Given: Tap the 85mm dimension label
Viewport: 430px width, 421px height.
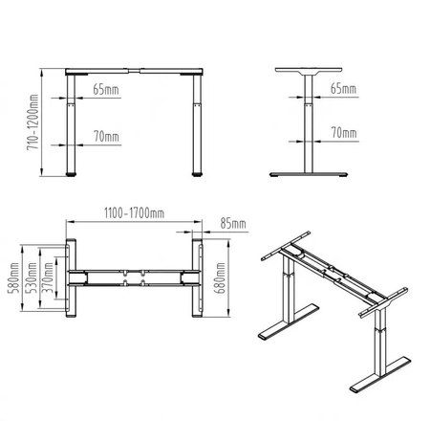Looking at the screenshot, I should pyautogui.click(x=233, y=224).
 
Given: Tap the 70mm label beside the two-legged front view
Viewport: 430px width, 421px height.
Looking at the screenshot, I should pyautogui.click(x=106, y=137).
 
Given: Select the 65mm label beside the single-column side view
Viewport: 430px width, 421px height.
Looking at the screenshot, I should pyautogui.click(x=342, y=89).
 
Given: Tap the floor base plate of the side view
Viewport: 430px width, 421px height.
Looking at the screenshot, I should pyautogui.click(x=307, y=175).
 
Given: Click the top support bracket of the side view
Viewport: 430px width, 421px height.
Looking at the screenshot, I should pyautogui.click(x=307, y=75).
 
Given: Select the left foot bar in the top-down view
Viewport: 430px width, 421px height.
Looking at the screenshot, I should pyautogui.click(x=71, y=281).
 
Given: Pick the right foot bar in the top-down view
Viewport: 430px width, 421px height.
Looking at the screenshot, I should pyautogui.click(x=200, y=281).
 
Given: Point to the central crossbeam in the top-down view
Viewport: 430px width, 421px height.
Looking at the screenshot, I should pyautogui.click(x=135, y=279).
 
